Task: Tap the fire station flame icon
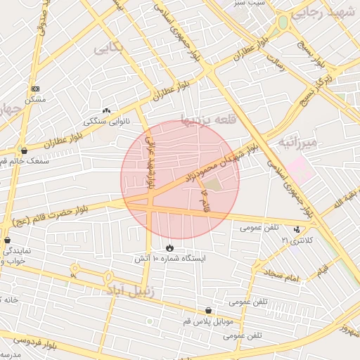(169, 247)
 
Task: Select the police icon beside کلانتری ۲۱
(297, 229)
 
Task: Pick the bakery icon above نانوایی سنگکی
(107, 110)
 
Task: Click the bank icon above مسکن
(36, 89)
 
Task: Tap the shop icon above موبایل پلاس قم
(208, 311)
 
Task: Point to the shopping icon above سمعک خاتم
(25, 150)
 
